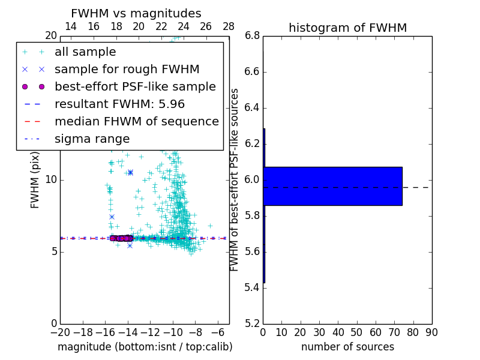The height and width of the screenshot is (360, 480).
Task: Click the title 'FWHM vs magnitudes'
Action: pos(136,14)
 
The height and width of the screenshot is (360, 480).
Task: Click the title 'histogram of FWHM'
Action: pos(347,28)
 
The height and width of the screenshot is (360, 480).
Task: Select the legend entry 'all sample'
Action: pos(85,52)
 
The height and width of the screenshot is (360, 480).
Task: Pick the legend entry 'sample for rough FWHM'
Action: pos(127,69)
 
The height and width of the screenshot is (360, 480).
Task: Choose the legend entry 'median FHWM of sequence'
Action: pos(137,121)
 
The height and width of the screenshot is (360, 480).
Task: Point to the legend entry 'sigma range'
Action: pos(92,139)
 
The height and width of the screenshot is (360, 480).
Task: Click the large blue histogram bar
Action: pos(332,186)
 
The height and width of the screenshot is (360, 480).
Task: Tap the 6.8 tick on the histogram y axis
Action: pos(252,36)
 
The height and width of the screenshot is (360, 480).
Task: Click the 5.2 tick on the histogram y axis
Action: pos(252,323)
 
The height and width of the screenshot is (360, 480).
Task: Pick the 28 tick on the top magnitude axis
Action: pos(229,26)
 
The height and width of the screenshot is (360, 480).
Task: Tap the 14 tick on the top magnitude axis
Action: pos(70,26)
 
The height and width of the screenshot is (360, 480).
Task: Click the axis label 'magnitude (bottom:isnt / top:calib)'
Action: pos(145,347)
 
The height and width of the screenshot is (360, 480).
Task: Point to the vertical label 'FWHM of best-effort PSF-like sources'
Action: pos(235,179)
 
